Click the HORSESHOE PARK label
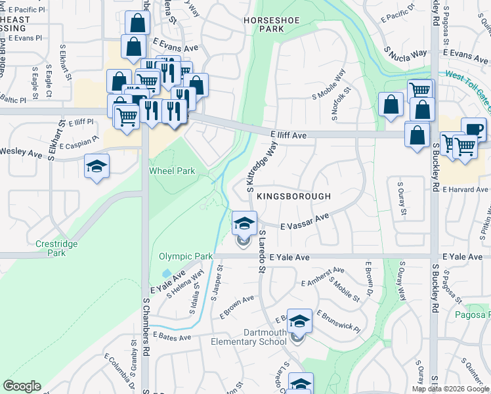click(271, 25)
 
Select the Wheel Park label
click(172, 171)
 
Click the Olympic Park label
click(186, 256)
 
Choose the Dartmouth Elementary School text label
click(248, 337)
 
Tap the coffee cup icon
click(473, 129)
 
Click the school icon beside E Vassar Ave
click(244, 223)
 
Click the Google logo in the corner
click(22, 386)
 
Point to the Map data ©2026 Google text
click(450, 389)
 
